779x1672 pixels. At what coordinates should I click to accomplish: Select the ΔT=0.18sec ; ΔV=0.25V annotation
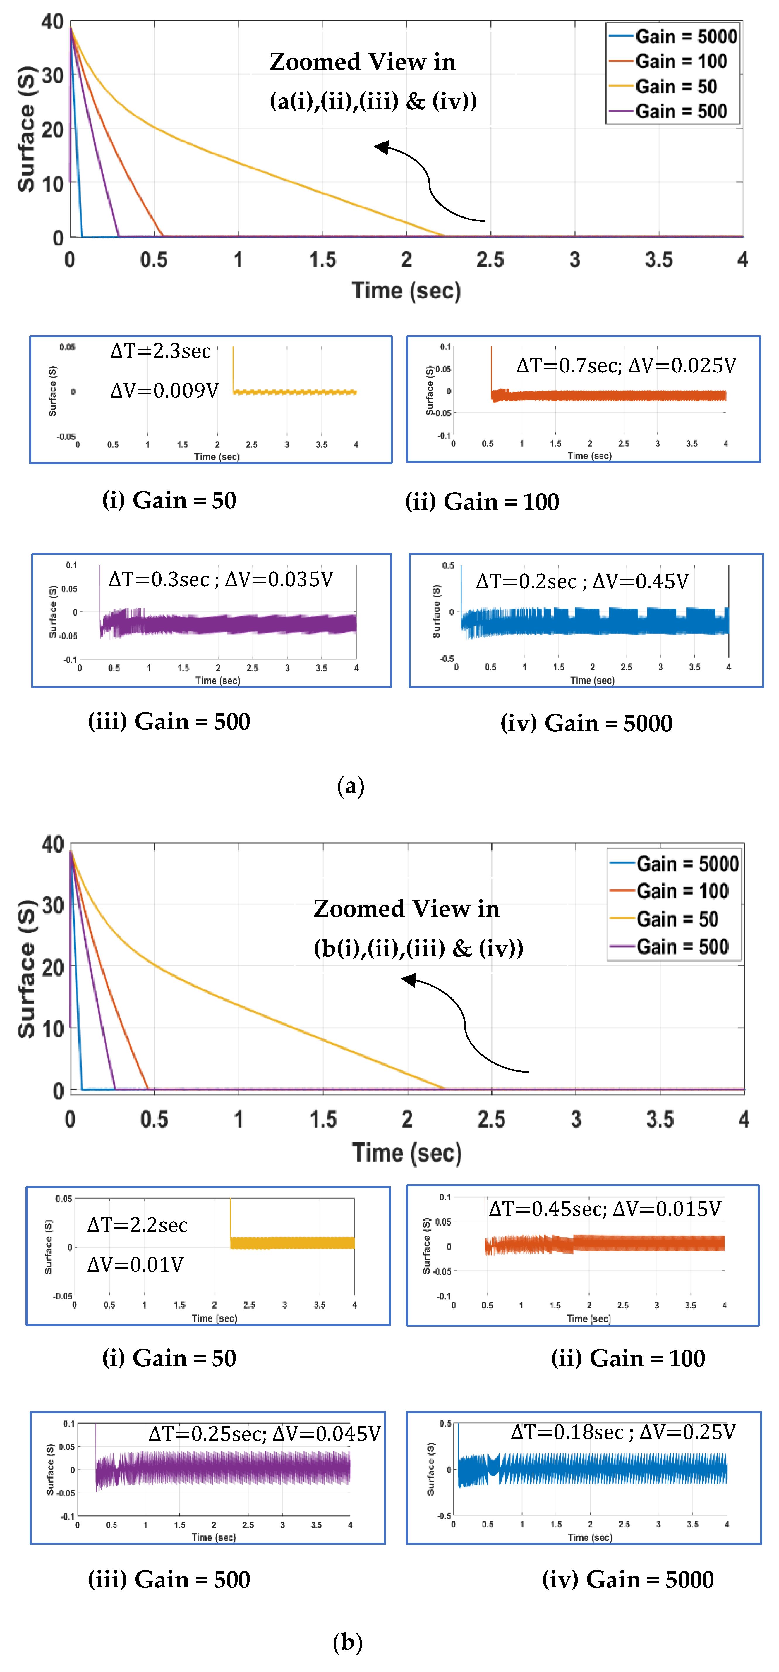623,1432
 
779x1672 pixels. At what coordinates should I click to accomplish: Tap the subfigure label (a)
351,786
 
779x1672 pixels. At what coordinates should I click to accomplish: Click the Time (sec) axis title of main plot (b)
407,1153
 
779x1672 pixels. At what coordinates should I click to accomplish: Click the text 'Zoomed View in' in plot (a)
362,62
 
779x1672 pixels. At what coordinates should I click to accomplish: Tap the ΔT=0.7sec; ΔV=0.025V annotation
626,365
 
